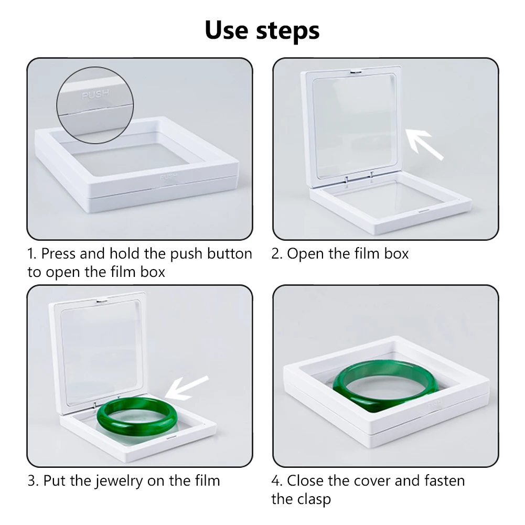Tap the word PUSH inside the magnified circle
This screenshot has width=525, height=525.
pos(95,94)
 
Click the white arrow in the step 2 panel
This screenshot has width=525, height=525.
pos(424,144)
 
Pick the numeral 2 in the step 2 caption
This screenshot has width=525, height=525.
pos(276,254)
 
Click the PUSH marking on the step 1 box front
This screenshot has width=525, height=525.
pos(168,176)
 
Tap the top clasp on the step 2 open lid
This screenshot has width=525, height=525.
pos(356,71)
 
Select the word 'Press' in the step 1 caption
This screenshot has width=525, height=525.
pos(58,253)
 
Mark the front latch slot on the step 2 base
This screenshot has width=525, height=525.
pos(424,211)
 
